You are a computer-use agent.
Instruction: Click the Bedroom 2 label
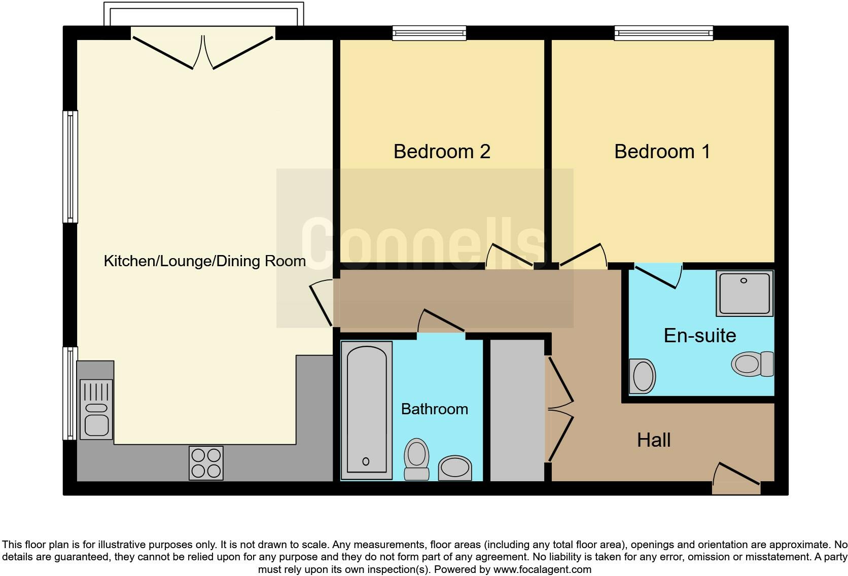tap(442, 152)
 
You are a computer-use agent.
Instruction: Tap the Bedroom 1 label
tap(662, 152)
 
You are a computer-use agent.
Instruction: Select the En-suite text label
tap(700, 336)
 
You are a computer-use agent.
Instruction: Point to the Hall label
tap(654, 440)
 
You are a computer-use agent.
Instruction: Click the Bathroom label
tap(435, 409)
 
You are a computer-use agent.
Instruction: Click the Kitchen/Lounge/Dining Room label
tap(205, 261)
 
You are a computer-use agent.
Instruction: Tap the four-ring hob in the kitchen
tap(206, 463)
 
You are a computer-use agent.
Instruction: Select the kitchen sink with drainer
tap(96, 409)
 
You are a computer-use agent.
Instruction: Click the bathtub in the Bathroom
tap(366, 410)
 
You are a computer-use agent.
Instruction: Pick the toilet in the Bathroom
tap(416, 458)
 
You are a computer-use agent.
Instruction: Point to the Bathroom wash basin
tap(454, 467)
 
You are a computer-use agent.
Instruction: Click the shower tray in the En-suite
tap(745, 293)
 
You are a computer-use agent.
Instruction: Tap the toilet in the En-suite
tap(752, 364)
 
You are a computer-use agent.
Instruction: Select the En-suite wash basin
tap(642, 376)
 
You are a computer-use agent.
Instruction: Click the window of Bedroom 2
tap(430, 33)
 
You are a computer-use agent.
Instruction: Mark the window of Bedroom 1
tap(663, 33)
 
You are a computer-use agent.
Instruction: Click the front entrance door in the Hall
tap(736, 479)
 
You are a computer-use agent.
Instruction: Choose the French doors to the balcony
tap(203, 52)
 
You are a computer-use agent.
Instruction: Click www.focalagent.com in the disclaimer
tap(542, 569)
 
